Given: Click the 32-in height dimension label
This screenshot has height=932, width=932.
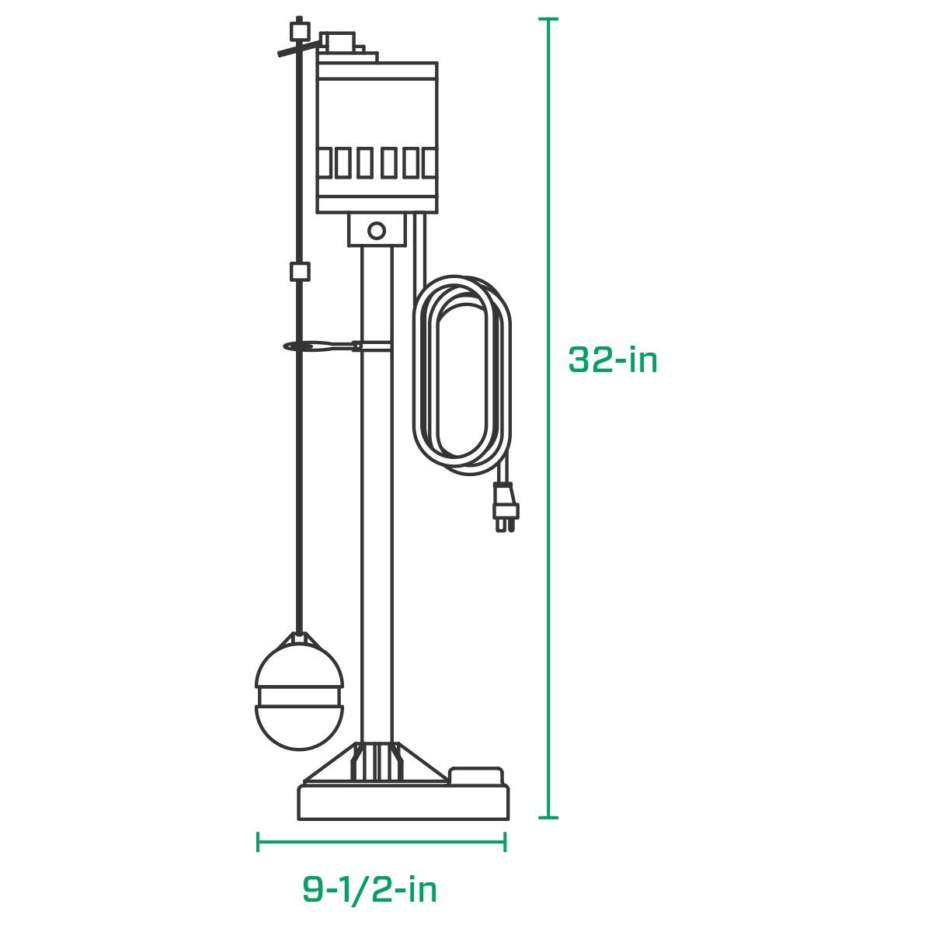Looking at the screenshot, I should [613, 360].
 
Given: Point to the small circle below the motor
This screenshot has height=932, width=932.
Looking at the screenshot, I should [377, 230].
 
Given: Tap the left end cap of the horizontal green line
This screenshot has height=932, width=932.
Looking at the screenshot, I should [258, 842].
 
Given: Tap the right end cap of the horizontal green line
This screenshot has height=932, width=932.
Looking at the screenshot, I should [506, 842].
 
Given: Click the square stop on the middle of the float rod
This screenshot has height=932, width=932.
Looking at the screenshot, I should [299, 272].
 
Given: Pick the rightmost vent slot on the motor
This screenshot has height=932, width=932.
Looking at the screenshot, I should [429, 164].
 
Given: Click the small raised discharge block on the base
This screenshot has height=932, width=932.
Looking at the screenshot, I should [476, 774].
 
